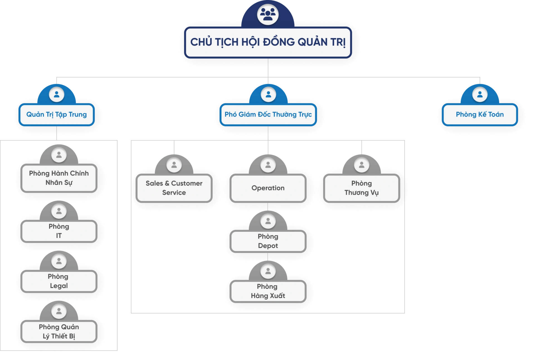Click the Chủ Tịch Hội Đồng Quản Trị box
click(268, 42)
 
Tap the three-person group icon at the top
click(268, 14)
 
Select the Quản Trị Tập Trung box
click(57, 115)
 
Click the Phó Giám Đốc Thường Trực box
click(268, 115)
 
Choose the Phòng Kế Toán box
click(480, 115)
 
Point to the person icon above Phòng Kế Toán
click(480, 94)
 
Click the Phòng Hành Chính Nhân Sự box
click(59, 178)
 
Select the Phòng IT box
click(59, 231)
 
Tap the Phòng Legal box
click(59, 281)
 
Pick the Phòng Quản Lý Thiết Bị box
click(59, 331)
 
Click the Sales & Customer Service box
click(174, 188)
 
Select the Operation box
click(268, 188)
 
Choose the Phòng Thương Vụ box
click(361, 188)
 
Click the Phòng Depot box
click(268, 241)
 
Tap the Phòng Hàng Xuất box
click(268, 291)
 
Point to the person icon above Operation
click(268, 165)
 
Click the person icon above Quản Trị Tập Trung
click(57, 94)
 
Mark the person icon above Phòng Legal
click(59, 261)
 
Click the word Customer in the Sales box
click(187, 183)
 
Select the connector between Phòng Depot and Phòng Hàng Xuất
click(268, 257)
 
